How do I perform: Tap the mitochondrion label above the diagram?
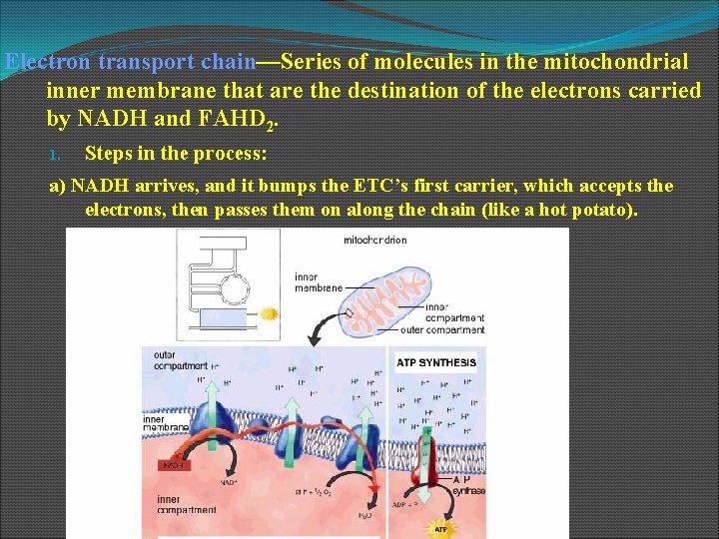pyautogui.click(x=375, y=240)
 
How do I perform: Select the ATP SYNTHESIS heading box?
pyautogui.click(x=436, y=362)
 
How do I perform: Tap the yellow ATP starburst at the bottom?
pyautogui.click(x=439, y=526)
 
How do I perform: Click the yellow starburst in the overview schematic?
pyautogui.click(x=268, y=314)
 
